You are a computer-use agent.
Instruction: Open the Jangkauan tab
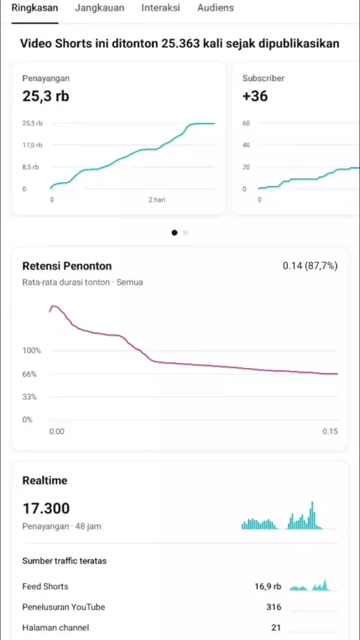[x=100, y=7]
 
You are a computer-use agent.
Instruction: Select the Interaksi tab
[x=160, y=7]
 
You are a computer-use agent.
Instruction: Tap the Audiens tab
[x=215, y=7]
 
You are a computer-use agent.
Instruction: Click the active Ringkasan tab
[x=34, y=7]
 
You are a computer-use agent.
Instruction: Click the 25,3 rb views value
[x=45, y=97]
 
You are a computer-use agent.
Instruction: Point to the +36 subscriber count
[x=255, y=97]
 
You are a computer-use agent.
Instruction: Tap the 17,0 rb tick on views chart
[x=32, y=145]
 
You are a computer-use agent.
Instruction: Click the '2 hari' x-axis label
[x=157, y=200]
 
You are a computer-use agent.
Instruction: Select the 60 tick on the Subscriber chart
[x=247, y=123]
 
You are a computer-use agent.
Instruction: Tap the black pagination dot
[x=175, y=232]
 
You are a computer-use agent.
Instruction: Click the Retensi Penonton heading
[x=67, y=266]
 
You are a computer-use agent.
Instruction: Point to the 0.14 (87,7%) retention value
[x=310, y=266]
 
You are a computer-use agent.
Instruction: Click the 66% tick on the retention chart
[x=29, y=374]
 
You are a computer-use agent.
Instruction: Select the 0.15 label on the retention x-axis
[x=330, y=432]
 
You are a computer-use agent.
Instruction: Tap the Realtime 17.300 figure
[x=46, y=509]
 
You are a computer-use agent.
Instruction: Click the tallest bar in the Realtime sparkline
[x=312, y=516]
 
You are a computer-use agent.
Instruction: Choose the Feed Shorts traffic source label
[x=45, y=587]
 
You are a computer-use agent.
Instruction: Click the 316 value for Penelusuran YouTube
[x=274, y=607]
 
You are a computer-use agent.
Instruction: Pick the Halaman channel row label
[x=55, y=627]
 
